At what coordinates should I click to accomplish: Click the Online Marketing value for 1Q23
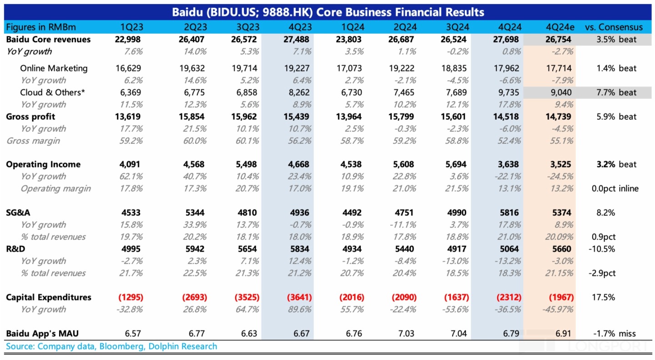(x=129, y=68)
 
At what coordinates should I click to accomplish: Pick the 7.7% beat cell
(x=617, y=92)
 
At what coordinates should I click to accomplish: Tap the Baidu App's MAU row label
(x=39, y=334)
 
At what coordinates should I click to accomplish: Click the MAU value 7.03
(x=406, y=334)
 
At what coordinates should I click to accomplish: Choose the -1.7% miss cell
(x=617, y=334)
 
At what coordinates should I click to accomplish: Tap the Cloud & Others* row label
(x=52, y=92)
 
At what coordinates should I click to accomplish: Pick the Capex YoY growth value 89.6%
(x=299, y=309)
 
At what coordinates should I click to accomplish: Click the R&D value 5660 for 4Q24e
(x=561, y=249)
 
